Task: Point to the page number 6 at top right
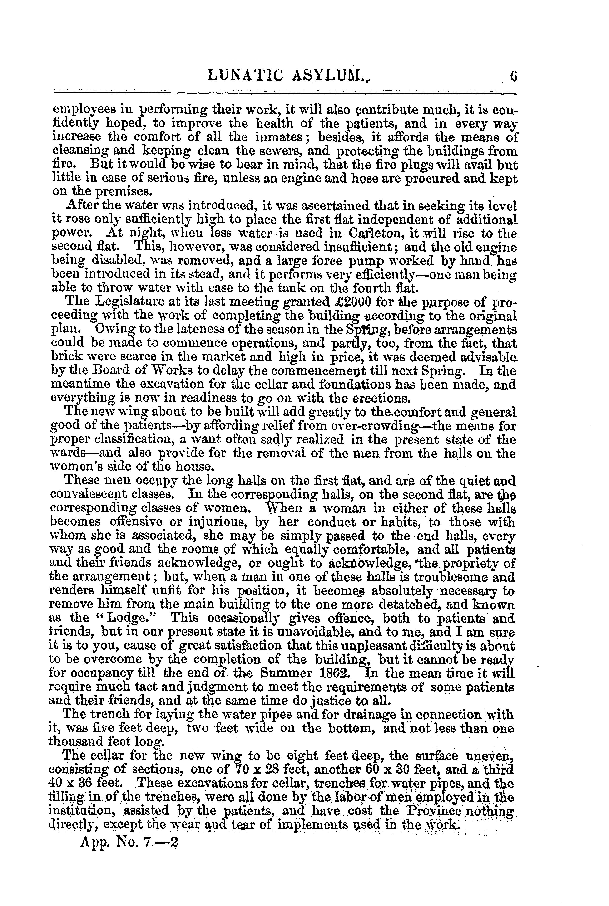tap(514, 73)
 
